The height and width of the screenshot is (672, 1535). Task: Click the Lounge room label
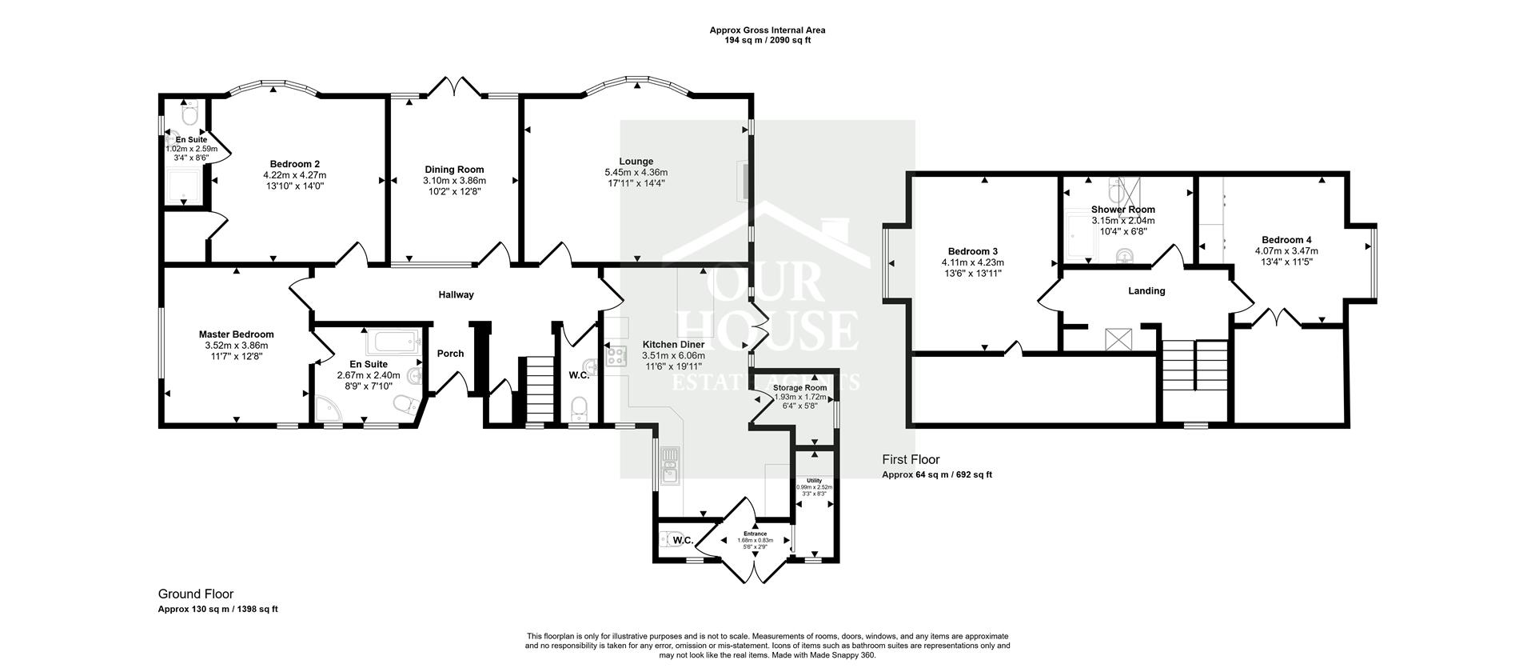[636, 162]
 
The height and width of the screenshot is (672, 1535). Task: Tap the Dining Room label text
[454, 170]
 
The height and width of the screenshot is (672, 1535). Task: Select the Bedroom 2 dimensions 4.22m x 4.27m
[294, 175]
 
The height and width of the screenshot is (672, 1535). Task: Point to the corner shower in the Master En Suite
[327, 410]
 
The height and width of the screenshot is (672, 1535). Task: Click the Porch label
[451, 354]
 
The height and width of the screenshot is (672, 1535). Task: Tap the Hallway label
[456, 294]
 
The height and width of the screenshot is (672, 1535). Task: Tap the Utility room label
[814, 481]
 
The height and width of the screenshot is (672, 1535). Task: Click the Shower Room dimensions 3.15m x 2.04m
[1122, 221]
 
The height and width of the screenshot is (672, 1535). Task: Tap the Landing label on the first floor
[1146, 291]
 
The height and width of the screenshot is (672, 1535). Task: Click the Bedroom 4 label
[1286, 240]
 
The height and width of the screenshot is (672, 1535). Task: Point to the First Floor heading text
[911, 460]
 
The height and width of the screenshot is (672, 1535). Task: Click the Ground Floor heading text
[196, 594]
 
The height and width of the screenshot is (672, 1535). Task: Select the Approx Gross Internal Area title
[767, 30]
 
